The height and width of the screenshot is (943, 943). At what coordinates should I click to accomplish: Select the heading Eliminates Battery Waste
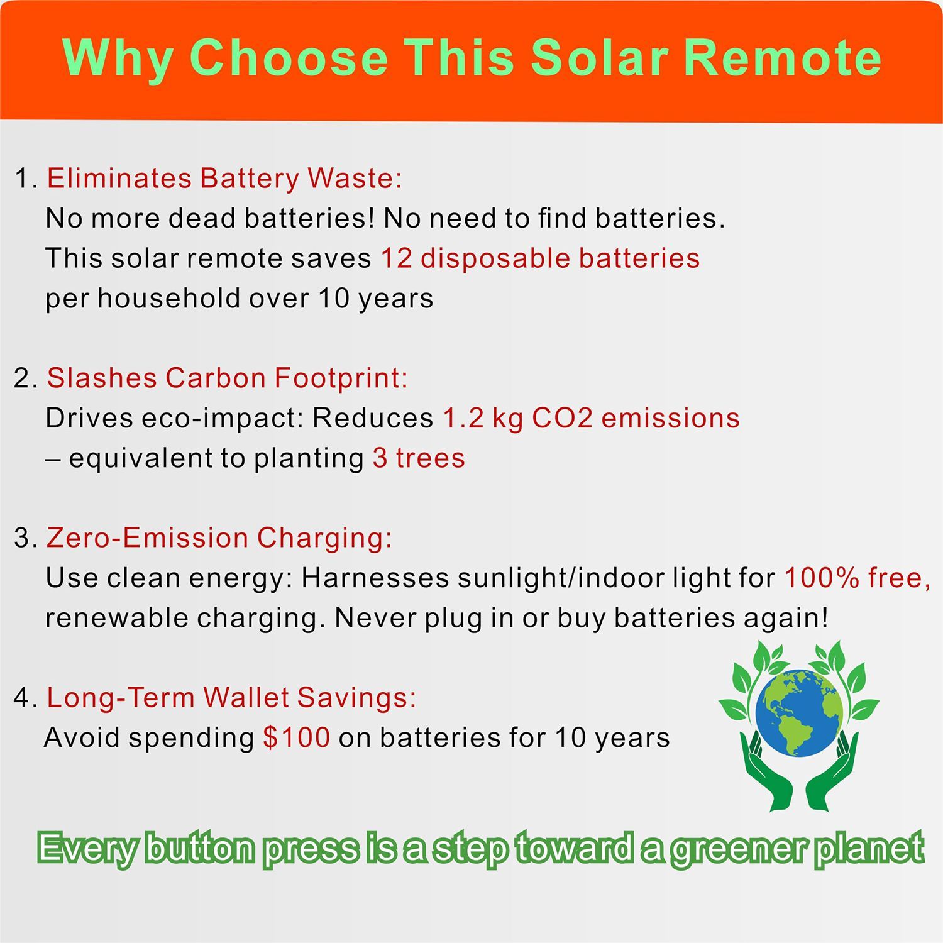coord(224,179)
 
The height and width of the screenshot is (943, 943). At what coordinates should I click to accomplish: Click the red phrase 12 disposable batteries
coord(541,258)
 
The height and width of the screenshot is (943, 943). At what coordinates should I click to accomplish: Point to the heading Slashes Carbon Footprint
coord(228,378)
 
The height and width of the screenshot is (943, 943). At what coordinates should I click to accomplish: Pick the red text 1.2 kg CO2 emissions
coord(592,418)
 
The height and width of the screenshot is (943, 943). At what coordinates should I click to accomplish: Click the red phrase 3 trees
coord(419,458)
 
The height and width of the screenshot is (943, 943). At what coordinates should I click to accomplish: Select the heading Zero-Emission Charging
coord(219,538)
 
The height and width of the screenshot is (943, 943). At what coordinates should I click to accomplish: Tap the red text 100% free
coord(858,578)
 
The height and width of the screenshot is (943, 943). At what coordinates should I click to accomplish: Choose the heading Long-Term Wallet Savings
coord(231,698)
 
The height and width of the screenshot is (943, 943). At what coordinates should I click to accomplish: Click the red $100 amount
coord(297,737)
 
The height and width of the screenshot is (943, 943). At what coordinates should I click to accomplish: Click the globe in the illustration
coord(799,713)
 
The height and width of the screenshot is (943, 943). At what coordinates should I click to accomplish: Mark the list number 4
coord(22,698)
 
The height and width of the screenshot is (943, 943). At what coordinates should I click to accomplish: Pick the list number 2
coord(22,378)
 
